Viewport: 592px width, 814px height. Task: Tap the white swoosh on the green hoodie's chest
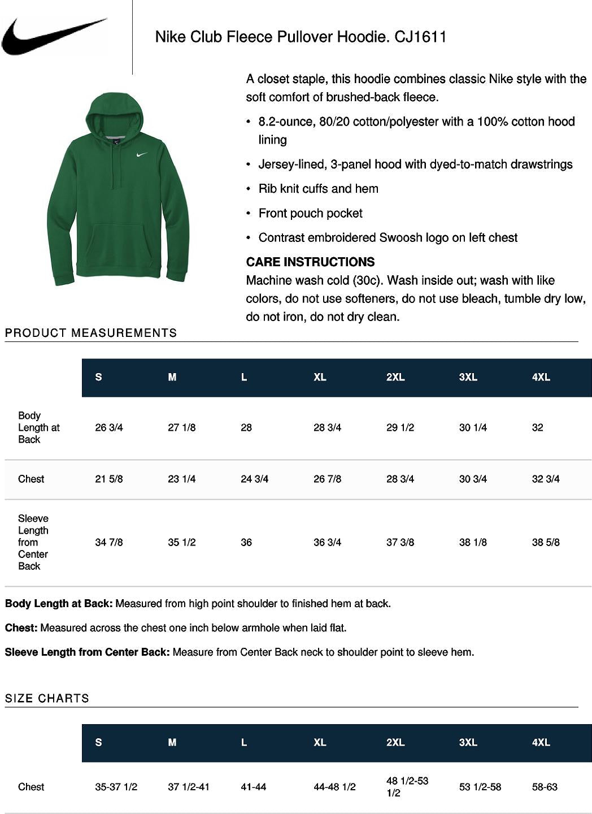[x=142, y=154]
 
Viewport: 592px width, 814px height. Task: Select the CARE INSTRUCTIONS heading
[x=310, y=262]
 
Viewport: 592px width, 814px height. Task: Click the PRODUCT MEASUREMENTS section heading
[x=91, y=333]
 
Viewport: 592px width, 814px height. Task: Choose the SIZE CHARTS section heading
[x=47, y=698]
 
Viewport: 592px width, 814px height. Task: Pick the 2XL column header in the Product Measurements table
[x=395, y=377]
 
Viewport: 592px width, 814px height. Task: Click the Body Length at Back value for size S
[x=109, y=427]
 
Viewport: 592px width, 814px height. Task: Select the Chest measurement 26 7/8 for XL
[x=327, y=479]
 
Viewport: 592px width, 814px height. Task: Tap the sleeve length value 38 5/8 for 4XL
[x=546, y=542]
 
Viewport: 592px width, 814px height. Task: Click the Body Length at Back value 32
[x=537, y=427]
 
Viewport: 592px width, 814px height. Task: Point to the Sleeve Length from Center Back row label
[x=33, y=542]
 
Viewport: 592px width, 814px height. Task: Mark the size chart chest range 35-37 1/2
[x=116, y=786]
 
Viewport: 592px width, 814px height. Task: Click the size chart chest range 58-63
[x=545, y=786]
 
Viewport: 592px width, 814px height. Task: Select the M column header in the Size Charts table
[x=172, y=742]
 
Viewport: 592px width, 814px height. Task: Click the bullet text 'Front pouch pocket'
[x=310, y=213]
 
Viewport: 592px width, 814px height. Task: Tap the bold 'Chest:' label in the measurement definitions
[x=21, y=627]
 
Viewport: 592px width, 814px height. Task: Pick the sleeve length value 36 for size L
[x=246, y=542]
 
